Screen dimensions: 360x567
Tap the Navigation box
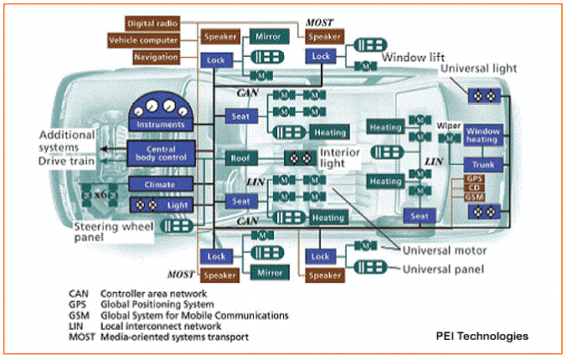pyautogui.click(x=156, y=57)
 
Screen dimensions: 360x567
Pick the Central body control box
pyautogui.click(x=161, y=152)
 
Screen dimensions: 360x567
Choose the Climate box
pyautogui.click(x=161, y=183)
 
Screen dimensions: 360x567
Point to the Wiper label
pyautogui.click(x=449, y=126)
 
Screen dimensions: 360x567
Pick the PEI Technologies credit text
pyautogui.click(x=482, y=336)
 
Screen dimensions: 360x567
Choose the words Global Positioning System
pyautogui.click(x=157, y=305)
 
